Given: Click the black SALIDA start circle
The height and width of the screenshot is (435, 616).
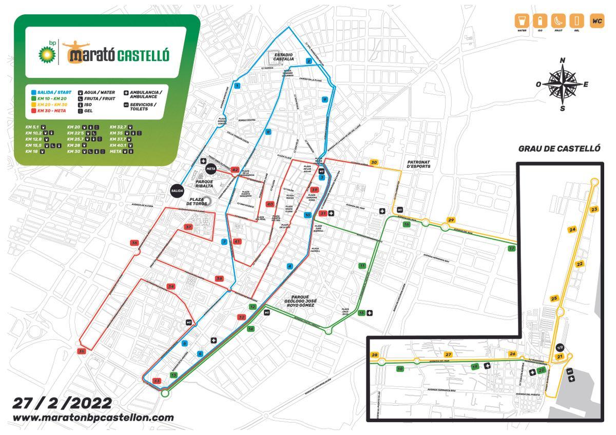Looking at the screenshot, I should tap(177, 190).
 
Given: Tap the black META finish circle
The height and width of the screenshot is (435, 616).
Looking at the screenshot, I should tap(210, 168).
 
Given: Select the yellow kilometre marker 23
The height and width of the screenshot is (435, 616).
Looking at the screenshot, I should tap(594, 210).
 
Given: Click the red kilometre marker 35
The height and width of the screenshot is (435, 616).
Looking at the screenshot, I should tap(81, 351).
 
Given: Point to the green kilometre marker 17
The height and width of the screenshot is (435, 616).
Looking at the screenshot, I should tap(511, 248).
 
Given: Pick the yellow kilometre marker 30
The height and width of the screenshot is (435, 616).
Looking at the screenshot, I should tap(374, 162).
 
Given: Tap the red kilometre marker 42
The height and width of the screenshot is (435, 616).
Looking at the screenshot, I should tap(235, 170).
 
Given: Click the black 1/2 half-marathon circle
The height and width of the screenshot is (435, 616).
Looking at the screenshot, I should tap(561, 347).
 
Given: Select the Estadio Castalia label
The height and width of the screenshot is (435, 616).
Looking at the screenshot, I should tap(283, 56).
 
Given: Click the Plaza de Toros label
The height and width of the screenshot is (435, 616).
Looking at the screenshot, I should tap(197, 202).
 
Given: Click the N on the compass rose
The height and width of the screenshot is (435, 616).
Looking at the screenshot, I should tap(563, 60).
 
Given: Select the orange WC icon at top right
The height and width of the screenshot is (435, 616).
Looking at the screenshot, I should tap(597, 21).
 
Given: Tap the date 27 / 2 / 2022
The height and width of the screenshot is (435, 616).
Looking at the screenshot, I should tap(62, 403).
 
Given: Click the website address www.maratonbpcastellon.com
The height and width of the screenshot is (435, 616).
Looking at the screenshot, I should tap(93, 418).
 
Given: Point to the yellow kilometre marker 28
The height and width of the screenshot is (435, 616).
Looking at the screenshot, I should tap(374, 355).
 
